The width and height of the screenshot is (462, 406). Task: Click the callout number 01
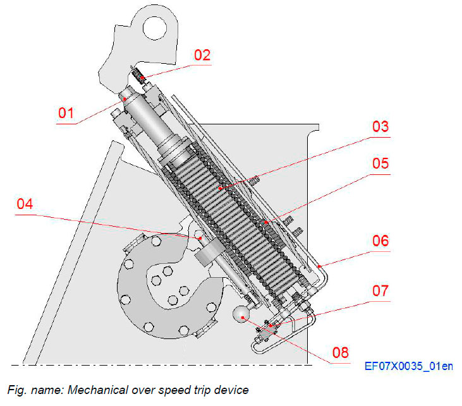click(67, 114)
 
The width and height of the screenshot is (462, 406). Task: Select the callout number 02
click(202, 54)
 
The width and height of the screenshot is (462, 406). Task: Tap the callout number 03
click(380, 126)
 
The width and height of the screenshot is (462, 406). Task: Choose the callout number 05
click(380, 163)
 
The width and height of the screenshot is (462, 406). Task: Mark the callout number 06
click(380, 241)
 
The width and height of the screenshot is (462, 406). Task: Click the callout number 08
click(338, 351)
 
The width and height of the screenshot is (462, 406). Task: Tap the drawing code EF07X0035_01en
click(408, 366)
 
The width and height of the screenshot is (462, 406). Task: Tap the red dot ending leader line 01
click(126, 99)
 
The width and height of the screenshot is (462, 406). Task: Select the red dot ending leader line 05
click(268, 222)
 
